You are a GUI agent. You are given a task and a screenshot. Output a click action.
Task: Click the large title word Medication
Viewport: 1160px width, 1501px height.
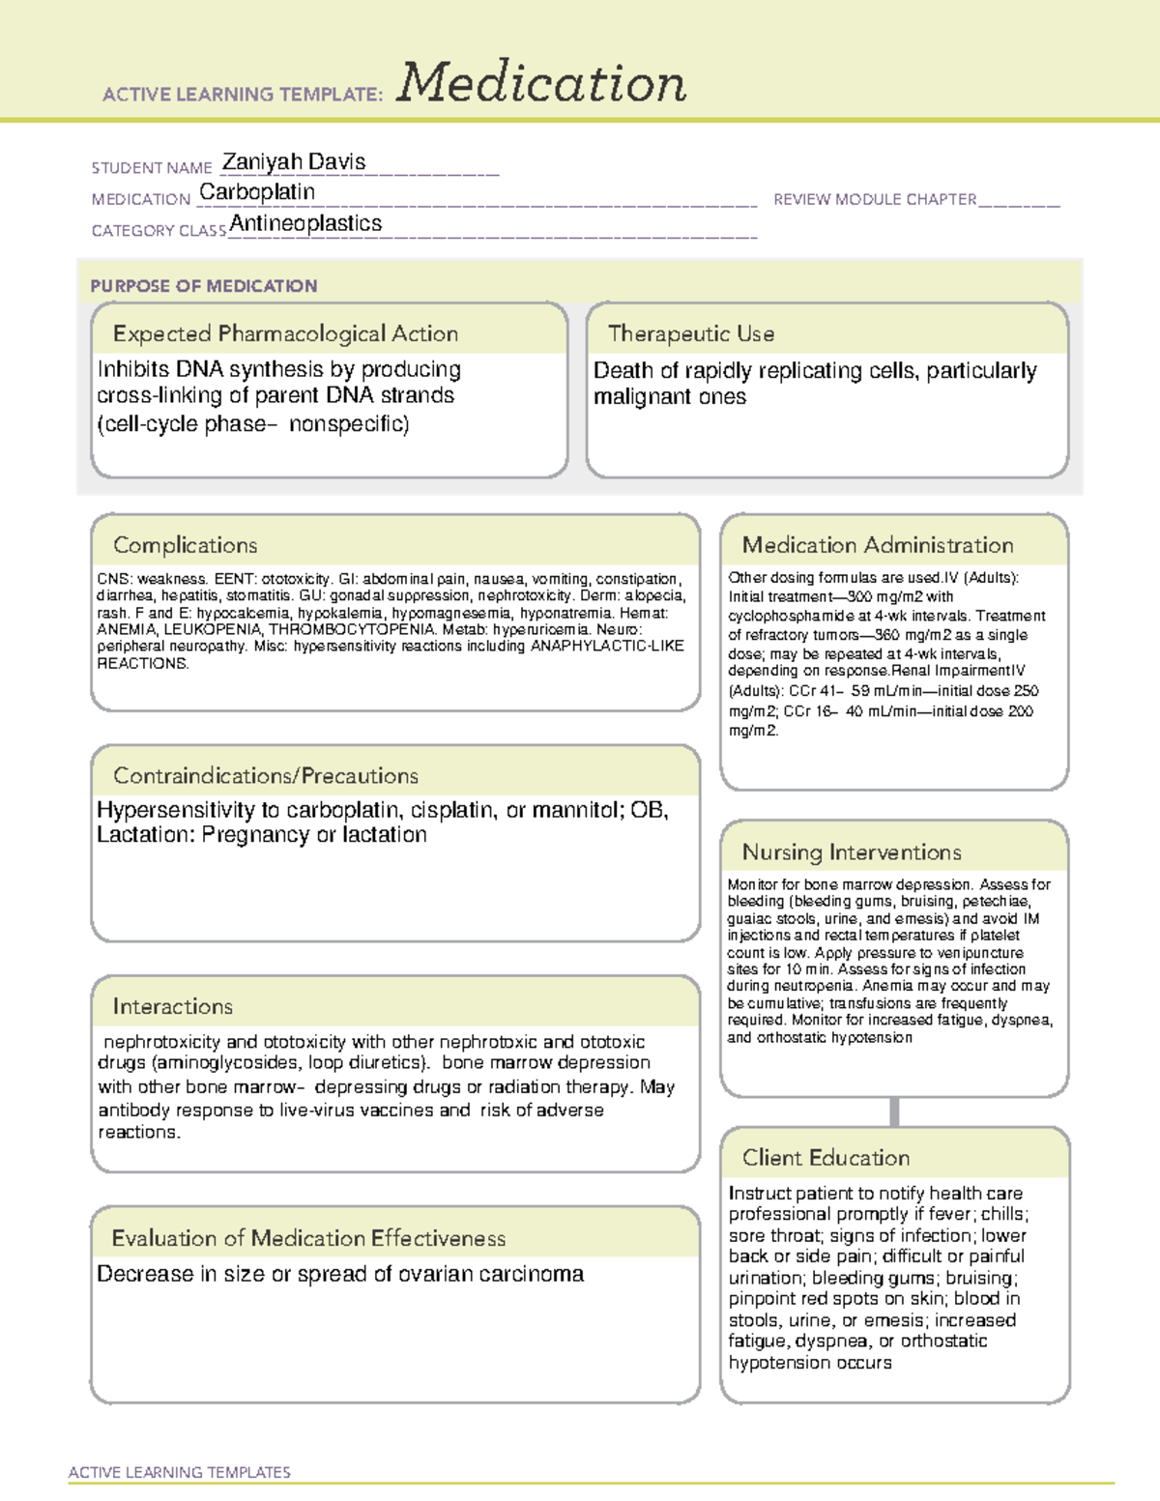(x=541, y=83)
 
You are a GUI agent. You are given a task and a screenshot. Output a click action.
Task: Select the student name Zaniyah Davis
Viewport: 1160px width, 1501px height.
(x=294, y=161)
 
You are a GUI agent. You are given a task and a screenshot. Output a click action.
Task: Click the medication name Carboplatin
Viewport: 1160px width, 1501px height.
(x=257, y=192)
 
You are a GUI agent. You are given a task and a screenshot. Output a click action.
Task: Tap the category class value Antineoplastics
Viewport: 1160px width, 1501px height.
(x=305, y=223)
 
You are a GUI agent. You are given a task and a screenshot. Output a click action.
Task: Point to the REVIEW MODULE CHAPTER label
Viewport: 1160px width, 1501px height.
(x=875, y=199)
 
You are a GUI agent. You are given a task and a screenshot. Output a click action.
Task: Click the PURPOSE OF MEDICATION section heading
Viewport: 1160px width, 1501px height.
(x=204, y=286)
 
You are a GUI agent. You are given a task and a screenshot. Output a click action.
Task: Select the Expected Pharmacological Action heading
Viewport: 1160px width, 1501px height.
(x=285, y=333)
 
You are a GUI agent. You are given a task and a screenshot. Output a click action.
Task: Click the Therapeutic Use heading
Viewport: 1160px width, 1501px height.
(x=691, y=333)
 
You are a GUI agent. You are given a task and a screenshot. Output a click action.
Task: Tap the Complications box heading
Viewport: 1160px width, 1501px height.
(x=186, y=545)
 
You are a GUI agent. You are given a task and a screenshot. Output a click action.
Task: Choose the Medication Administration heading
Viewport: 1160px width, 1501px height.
(x=878, y=545)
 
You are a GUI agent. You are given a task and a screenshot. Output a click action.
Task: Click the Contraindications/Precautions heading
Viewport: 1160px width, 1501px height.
(x=266, y=775)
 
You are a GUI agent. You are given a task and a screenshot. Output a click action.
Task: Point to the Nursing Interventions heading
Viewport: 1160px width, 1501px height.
(x=852, y=852)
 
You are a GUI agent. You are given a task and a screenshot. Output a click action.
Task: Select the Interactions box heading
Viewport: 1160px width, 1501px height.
(x=173, y=1007)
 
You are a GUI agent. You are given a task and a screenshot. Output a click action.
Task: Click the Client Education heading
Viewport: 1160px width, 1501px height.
(x=826, y=1158)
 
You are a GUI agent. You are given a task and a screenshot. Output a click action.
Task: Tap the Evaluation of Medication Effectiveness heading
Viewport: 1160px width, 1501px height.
(x=308, y=1238)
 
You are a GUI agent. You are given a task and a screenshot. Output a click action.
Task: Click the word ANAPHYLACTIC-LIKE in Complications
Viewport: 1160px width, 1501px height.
(x=607, y=646)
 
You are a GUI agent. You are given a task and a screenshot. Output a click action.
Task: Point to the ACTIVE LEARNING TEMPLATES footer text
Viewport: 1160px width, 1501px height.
(x=180, y=1472)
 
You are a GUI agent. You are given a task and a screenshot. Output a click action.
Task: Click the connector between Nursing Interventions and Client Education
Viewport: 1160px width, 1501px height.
(x=894, y=1111)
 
